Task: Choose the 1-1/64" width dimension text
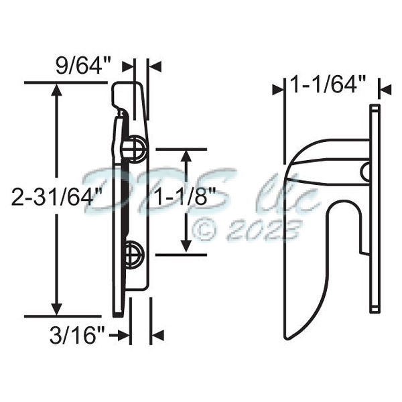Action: [328, 85]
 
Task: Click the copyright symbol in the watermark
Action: [206, 230]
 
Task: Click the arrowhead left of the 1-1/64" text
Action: [279, 88]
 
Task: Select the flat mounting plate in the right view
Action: [375, 208]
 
